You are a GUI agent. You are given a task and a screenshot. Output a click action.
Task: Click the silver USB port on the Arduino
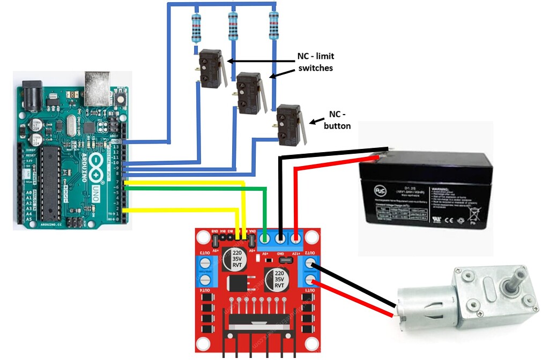click(97, 82)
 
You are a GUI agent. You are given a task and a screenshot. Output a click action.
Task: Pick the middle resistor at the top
click(233, 27)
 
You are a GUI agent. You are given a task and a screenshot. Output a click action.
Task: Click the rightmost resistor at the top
click(273, 27)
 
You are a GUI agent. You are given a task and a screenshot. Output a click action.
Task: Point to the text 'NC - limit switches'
click(315, 62)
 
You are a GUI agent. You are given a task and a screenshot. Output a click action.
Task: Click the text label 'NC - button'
click(337, 121)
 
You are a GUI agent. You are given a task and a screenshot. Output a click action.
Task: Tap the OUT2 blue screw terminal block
click(310, 271)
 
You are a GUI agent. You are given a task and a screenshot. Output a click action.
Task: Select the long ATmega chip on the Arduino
click(49, 182)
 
